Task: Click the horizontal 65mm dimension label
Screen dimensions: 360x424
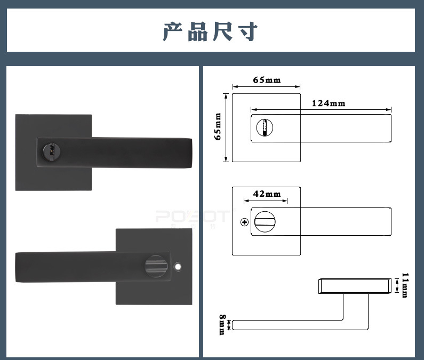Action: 267,80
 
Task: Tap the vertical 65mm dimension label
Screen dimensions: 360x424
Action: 218,126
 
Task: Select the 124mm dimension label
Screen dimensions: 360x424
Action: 328,103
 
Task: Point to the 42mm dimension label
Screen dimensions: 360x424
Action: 267,194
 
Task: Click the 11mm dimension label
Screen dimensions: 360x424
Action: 405,285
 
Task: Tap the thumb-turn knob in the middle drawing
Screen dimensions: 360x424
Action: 262,221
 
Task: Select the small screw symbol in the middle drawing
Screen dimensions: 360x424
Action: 245,222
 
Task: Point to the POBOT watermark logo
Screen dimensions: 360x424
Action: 192,217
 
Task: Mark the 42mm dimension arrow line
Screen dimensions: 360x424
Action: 266,201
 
